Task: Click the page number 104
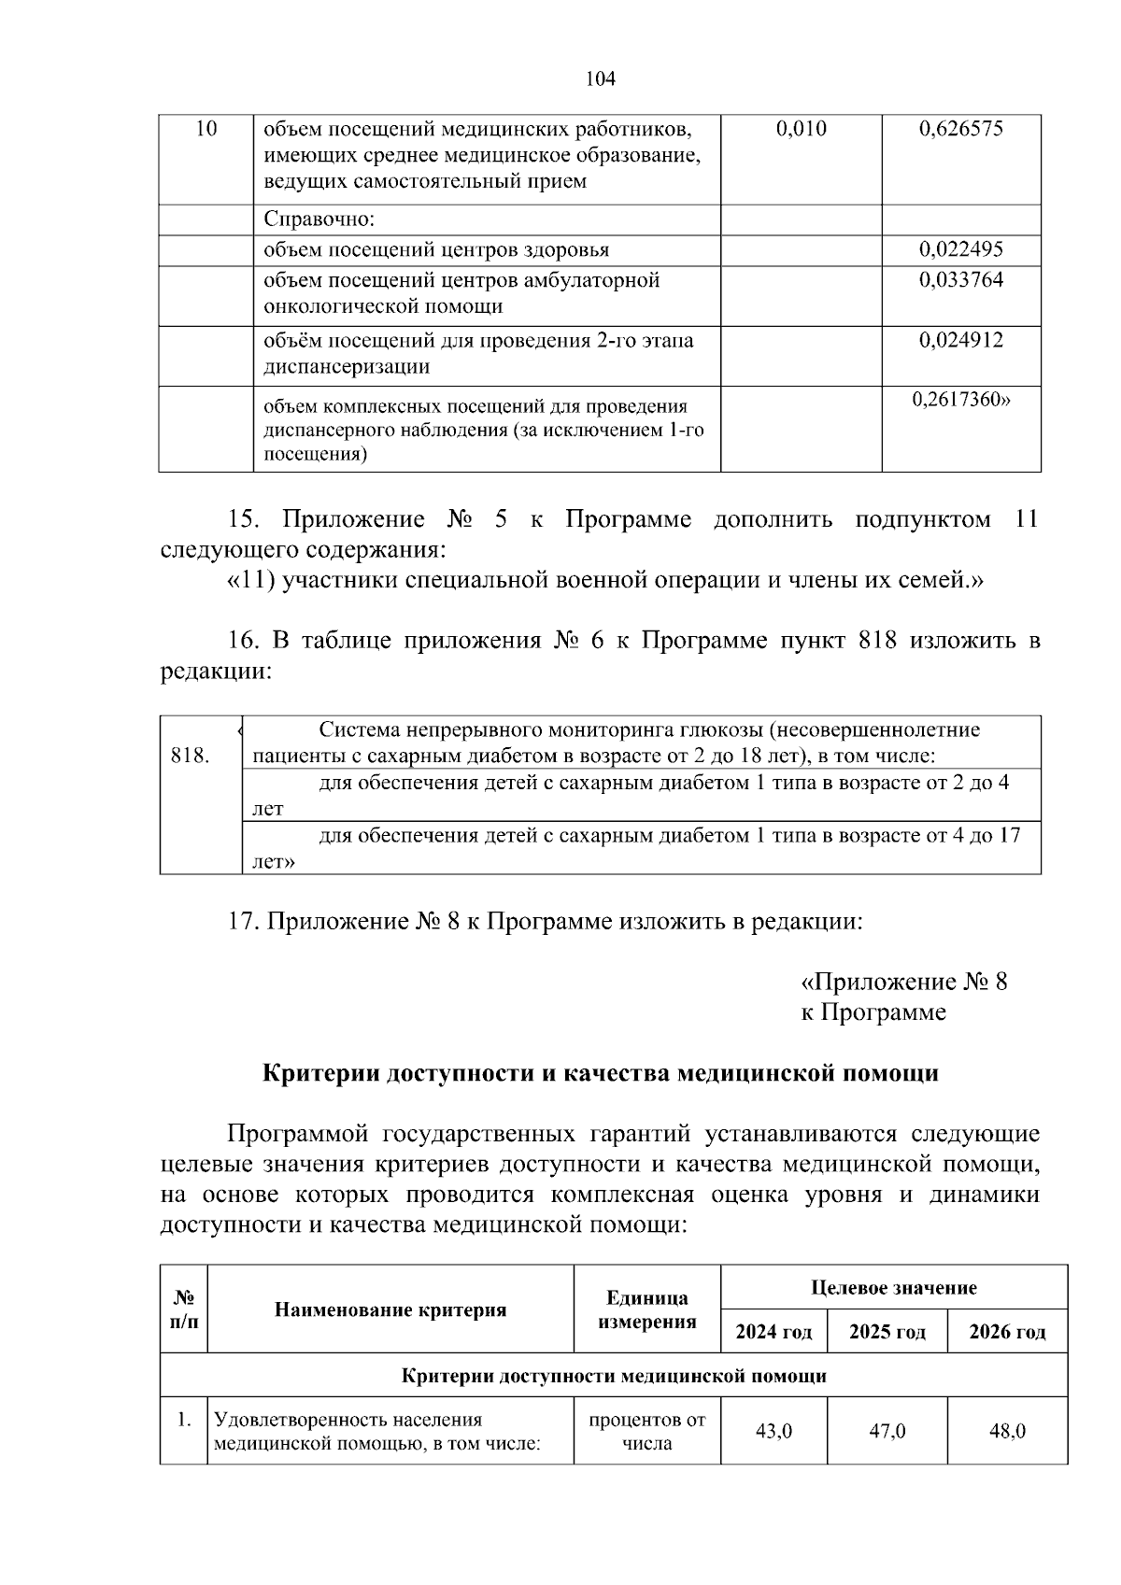coord(600,79)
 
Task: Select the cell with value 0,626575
coord(960,129)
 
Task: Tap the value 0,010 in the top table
coord(801,129)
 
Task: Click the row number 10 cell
coord(206,129)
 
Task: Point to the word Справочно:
coord(319,219)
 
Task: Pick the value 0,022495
coord(960,249)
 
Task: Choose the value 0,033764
coord(960,280)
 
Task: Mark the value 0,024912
coord(960,340)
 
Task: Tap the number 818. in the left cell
coord(191,756)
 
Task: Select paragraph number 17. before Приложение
coord(244,922)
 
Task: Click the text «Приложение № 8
coord(903,982)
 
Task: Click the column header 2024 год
coord(773,1331)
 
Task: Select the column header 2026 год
coord(1006,1331)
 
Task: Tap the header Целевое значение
coord(893,1287)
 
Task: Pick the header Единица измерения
coord(646,1309)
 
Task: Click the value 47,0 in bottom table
coord(887,1431)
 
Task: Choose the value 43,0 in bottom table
coord(773,1431)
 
